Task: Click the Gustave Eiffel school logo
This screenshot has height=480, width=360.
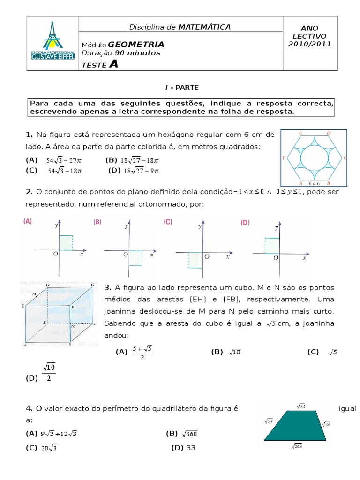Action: [x=52, y=43]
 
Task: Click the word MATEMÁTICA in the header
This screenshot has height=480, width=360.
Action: [x=204, y=27]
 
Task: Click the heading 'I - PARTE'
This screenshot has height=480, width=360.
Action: [x=182, y=87]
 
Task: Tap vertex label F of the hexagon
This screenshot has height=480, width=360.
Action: [x=284, y=158]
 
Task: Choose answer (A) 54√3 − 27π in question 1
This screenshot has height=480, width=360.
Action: [x=54, y=160]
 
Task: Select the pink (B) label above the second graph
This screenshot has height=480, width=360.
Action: [x=97, y=222]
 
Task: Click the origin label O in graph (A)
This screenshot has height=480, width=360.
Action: [x=55, y=254]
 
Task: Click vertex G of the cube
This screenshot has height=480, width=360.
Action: [x=93, y=285]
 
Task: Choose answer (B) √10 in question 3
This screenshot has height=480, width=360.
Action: [x=226, y=352]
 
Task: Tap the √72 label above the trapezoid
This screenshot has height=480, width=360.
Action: [x=301, y=405]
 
